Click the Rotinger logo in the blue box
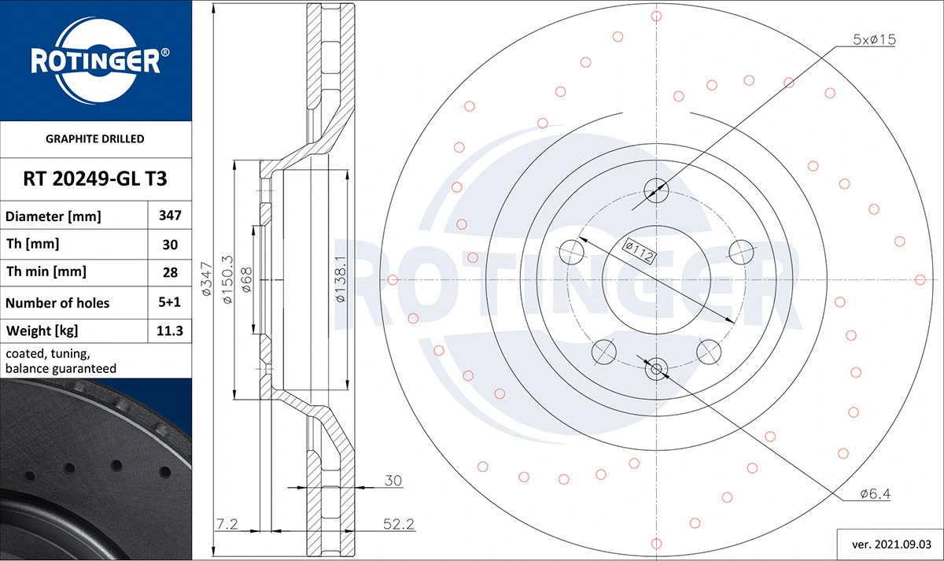coord(96,59)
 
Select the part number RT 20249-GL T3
coord(95,179)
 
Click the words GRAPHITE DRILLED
coord(95,138)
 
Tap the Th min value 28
coord(171,272)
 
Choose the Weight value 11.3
coord(171,330)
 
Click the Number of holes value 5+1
coord(171,302)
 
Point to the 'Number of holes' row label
coord(57,303)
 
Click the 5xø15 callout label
coord(875,39)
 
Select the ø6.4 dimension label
coord(874,493)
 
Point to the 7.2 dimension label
coord(227,523)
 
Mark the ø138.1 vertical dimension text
coord(340,280)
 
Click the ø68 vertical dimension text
coord(246,280)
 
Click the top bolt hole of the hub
coord(656,190)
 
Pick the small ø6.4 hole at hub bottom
coord(656,367)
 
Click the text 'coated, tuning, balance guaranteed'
coord(61,361)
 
